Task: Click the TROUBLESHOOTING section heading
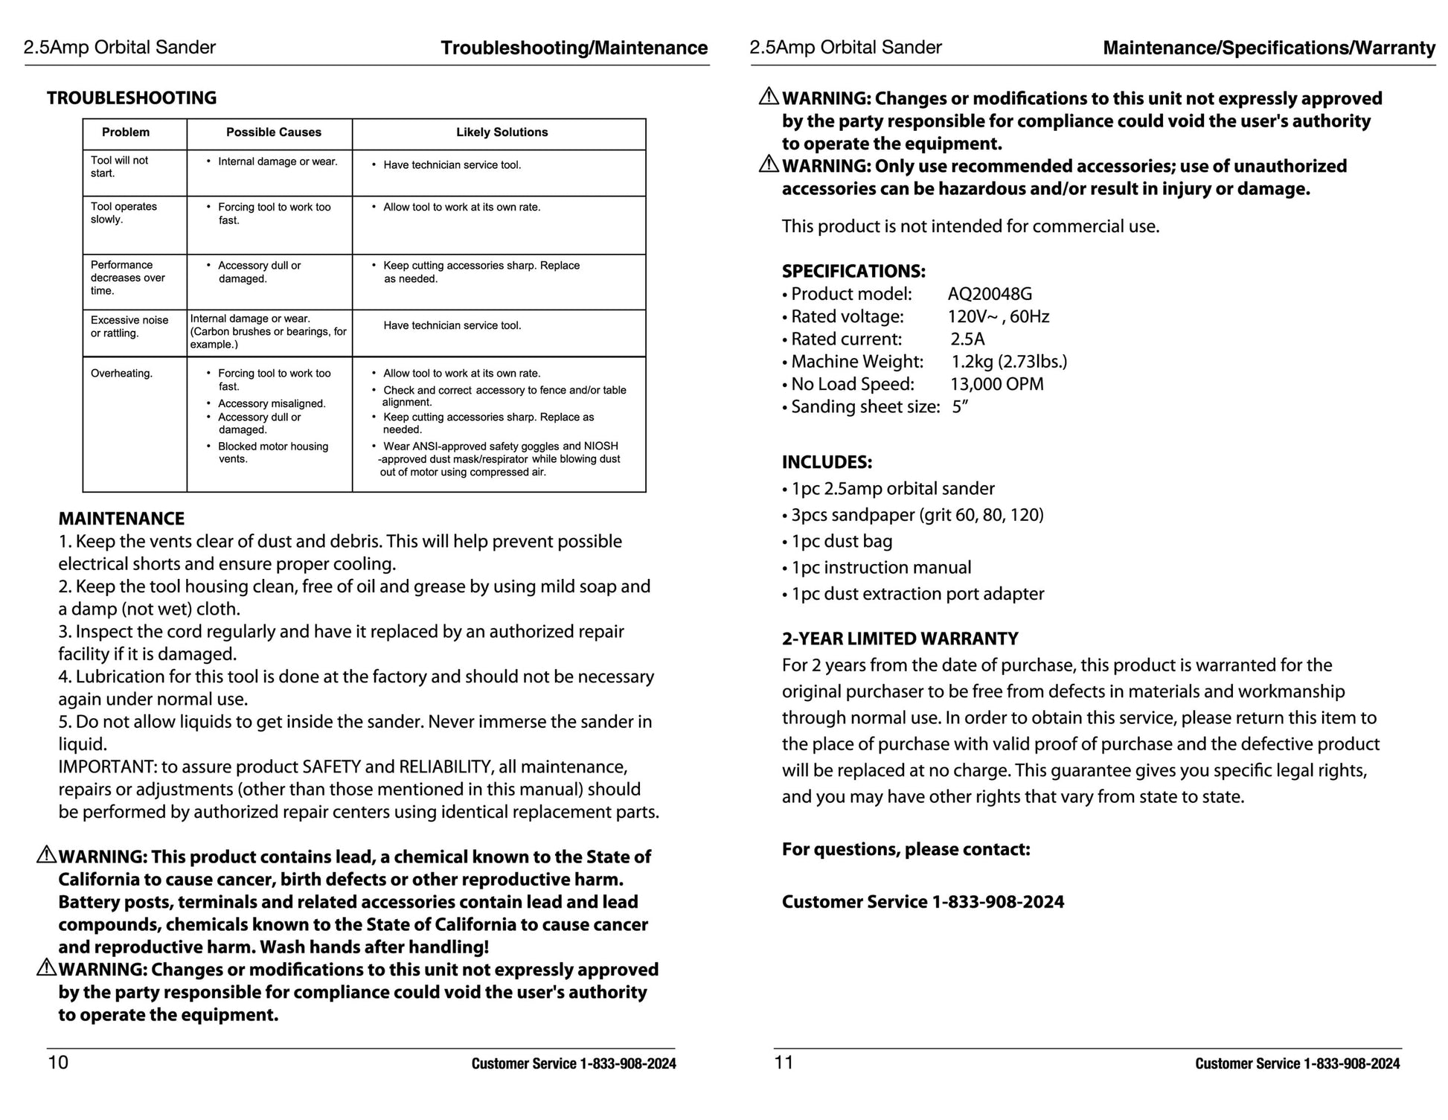point(132,98)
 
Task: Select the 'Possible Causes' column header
point(273,132)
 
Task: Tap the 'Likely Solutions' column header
point(502,132)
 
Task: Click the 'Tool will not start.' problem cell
point(119,167)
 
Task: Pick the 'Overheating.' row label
point(121,374)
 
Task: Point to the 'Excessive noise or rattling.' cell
point(129,327)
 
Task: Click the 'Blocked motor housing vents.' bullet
point(272,452)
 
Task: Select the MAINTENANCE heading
point(121,519)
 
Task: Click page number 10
point(58,1062)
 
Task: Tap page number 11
point(784,1062)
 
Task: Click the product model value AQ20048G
point(990,294)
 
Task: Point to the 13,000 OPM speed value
point(996,384)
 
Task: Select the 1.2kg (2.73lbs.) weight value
point(1009,362)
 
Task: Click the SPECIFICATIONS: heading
point(853,271)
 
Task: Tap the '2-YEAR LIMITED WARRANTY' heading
point(900,639)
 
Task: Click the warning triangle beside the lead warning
point(46,855)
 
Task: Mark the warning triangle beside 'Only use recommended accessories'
point(769,164)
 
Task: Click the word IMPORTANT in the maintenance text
point(106,767)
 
